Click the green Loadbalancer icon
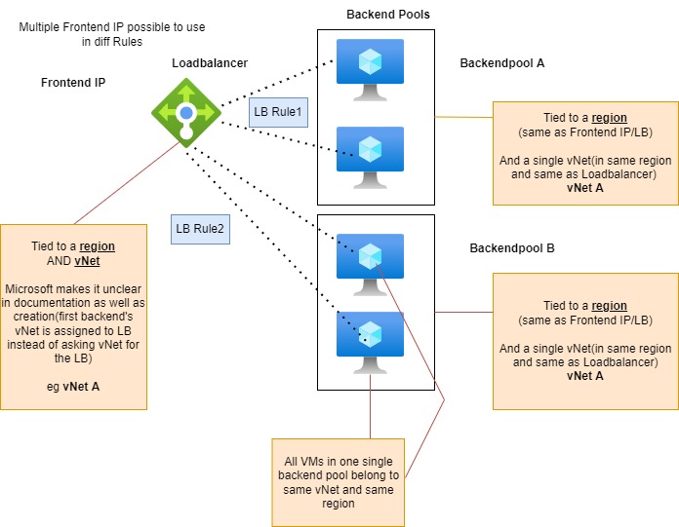pyautogui.click(x=185, y=114)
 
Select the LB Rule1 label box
pyautogui.click(x=277, y=113)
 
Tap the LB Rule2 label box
pyautogui.click(x=200, y=230)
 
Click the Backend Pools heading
pyautogui.click(x=387, y=15)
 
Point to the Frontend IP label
pyautogui.click(x=72, y=83)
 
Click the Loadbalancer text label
pyautogui.click(x=210, y=63)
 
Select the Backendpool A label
pyautogui.click(x=501, y=63)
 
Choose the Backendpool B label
pyautogui.click(x=512, y=248)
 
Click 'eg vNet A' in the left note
pyautogui.click(x=74, y=386)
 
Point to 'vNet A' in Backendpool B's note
pyautogui.click(x=585, y=376)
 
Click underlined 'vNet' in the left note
pyautogui.click(x=88, y=261)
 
